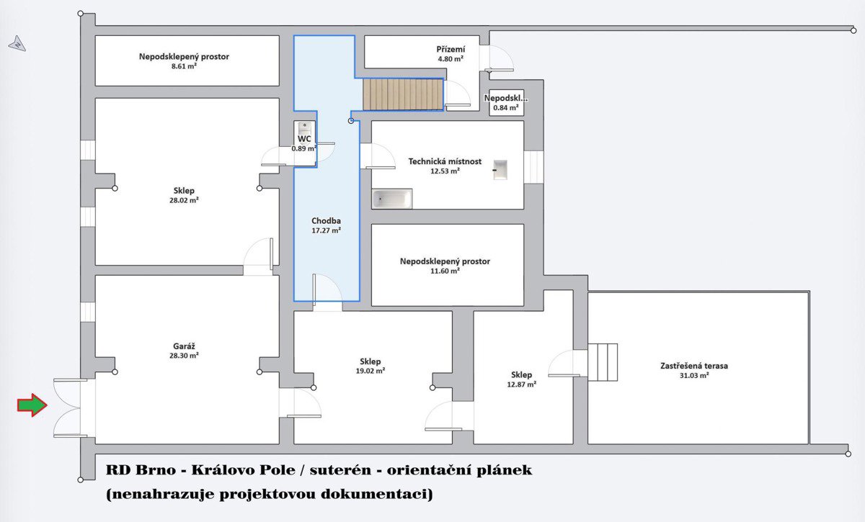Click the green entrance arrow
coord(32,405)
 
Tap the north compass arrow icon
coord(17,44)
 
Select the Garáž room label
coord(184,346)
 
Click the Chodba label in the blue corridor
coord(326,221)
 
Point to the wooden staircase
coord(403,94)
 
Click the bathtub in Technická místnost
coord(392,199)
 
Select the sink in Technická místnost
coord(500,170)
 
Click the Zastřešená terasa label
coord(694,366)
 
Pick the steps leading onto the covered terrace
coord(603,362)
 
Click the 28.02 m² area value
coord(184,200)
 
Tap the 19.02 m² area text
coord(371,371)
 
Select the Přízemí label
coord(451,50)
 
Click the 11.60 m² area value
coord(445,271)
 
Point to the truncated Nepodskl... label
coord(506,98)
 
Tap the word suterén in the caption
coord(340,470)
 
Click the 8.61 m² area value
coord(184,66)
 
